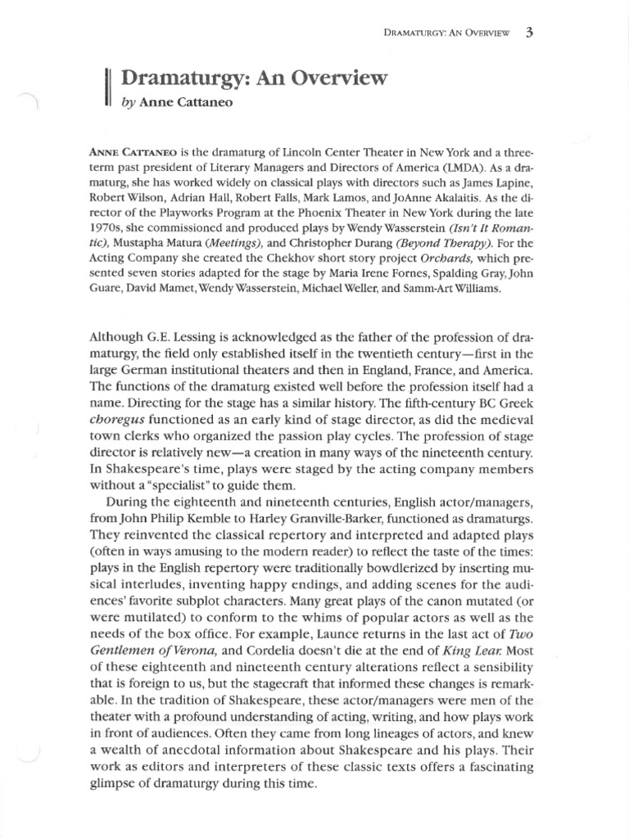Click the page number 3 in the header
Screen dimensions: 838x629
point(531,33)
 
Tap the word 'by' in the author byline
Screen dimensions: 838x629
point(129,103)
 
